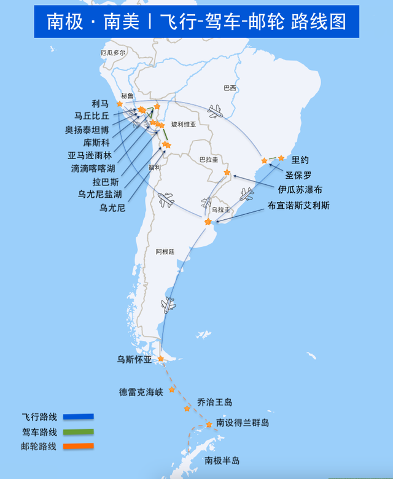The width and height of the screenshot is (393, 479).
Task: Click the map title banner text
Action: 196,21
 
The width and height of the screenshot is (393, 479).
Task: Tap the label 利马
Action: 99,104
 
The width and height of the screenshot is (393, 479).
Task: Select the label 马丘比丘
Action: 91,115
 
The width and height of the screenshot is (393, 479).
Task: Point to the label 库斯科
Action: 96,142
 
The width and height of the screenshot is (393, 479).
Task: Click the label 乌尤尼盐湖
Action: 99,194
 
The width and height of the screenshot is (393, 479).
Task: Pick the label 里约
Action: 300,160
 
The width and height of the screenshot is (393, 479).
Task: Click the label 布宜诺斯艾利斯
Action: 298,206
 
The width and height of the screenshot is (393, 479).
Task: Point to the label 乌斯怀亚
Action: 134,360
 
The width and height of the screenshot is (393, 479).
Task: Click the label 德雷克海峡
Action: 141,392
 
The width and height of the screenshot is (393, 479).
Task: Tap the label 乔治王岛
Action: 215,402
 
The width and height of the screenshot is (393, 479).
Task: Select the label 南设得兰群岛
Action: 242,423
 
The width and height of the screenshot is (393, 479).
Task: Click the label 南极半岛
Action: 222,461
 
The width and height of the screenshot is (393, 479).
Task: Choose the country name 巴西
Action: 230,88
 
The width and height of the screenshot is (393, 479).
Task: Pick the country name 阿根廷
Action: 165,252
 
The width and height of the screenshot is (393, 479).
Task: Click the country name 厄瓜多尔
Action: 113,53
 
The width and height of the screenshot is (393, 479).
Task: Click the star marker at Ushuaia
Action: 160,359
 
